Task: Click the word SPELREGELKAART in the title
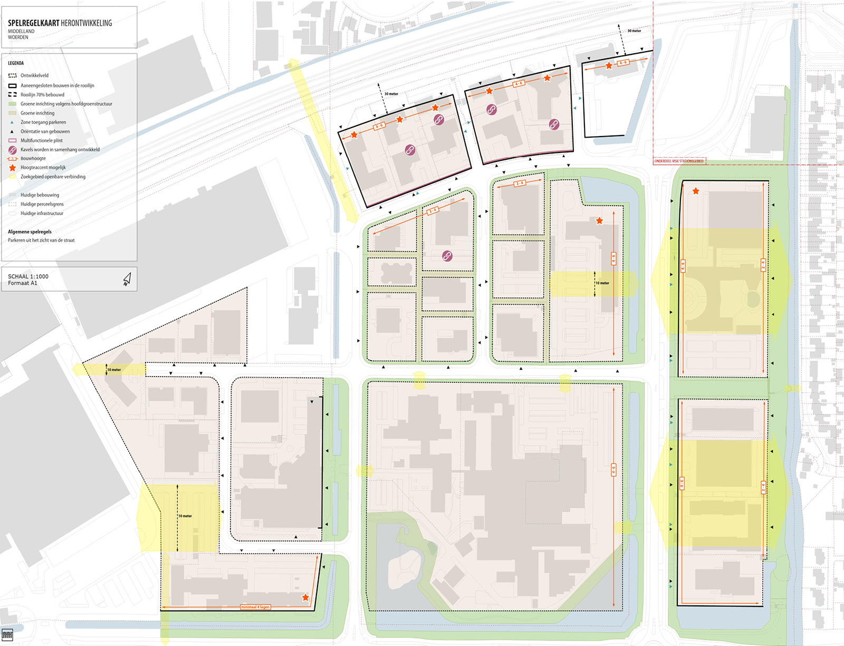pos(33,23)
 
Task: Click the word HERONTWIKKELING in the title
pos(87,23)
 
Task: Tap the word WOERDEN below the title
pos(18,37)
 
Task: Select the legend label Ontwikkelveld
pos(34,75)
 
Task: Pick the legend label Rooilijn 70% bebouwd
pos(42,95)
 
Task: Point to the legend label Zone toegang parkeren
pos(43,122)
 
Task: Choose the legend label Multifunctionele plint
pos(42,141)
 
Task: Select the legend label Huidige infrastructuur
pos(42,214)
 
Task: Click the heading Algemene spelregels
pos(30,232)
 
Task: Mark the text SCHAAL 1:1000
pos(28,276)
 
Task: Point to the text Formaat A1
pos(23,283)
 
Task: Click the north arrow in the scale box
pos(127,279)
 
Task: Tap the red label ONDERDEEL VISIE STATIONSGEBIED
pos(679,161)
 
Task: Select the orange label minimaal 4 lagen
pos(255,607)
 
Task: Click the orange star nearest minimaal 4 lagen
pos(305,597)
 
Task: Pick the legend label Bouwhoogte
pos(33,159)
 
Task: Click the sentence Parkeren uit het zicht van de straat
pos(41,240)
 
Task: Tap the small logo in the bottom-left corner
pos(7,634)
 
